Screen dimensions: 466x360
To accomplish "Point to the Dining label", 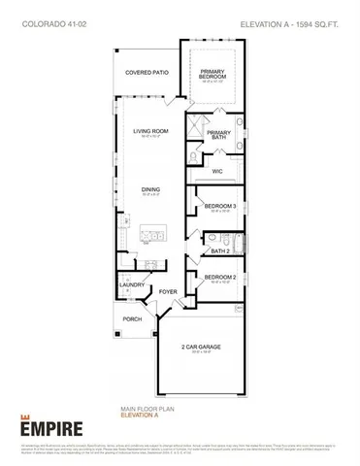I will point(150,189).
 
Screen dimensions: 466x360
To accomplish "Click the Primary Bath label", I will point(219,135).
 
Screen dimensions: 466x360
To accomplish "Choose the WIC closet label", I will point(218,172).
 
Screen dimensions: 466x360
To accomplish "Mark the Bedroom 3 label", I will point(219,206).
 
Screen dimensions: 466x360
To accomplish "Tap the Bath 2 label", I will point(219,250).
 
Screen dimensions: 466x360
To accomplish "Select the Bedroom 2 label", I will point(219,279).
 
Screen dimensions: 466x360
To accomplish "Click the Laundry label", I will point(133,285).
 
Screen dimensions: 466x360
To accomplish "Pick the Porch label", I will point(133,318).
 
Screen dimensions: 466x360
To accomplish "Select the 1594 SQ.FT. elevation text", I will point(297,19).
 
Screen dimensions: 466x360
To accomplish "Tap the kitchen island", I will point(153,234).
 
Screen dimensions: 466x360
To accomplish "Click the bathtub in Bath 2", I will point(239,245).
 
